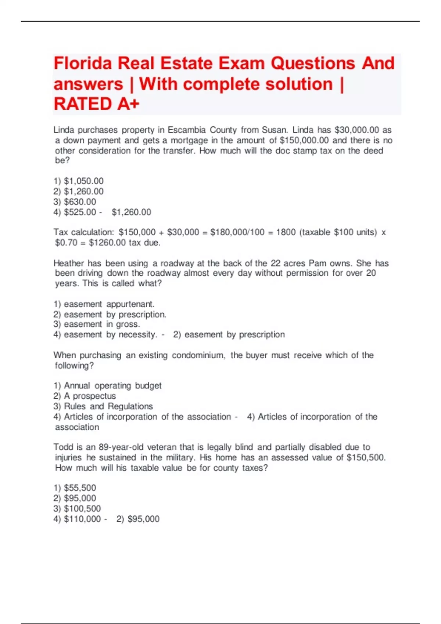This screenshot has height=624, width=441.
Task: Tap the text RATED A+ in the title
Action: pyautogui.click(x=97, y=104)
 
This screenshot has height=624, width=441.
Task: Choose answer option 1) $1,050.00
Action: pyautogui.click(x=79, y=181)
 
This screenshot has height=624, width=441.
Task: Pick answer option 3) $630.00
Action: pyautogui.click(x=75, y=202)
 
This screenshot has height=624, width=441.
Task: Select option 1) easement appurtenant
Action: pyautogui.click(x=104, y=304)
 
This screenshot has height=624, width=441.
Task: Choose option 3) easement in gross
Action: pyautogui.click(x=97, y=324)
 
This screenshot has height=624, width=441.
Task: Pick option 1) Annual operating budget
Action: pyautogui.click(x=107, y=386)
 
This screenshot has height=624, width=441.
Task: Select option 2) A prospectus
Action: pyautogui.click(x=85, y=396)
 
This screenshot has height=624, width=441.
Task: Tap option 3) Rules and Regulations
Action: pyautogui.click(x=103, y=406)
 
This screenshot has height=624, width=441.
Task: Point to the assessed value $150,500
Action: pyautogui.click(x=366, y=457)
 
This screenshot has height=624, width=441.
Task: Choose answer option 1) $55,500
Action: pyautogui.click(x=75, y=488)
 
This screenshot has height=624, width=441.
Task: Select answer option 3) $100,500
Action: pyautogui.click(x=77, y=508)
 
